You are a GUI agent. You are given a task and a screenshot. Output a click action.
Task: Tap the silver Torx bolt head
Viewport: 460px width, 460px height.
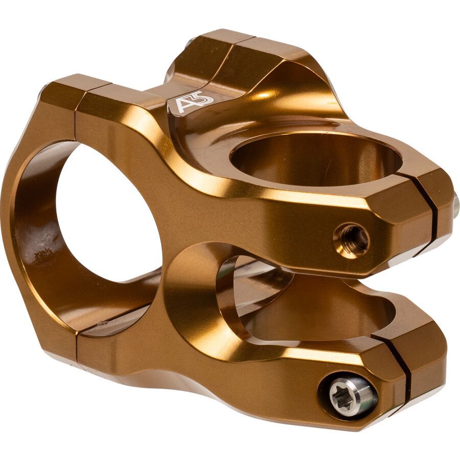pos(348,395)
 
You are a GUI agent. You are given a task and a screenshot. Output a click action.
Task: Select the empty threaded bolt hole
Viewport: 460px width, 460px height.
pos(352,239)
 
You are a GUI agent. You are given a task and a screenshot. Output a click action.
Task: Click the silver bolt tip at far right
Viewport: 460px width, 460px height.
pos(455,205)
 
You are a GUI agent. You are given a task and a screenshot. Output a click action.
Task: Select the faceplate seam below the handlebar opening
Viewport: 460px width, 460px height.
pos(78,348)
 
